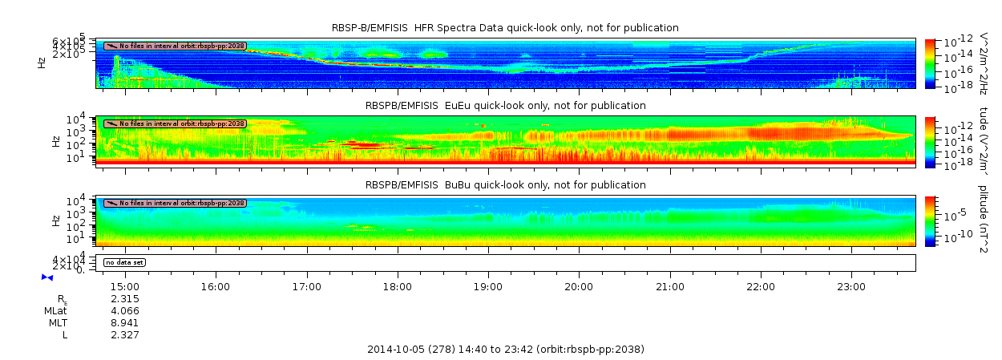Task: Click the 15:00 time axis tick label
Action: click(125, 285)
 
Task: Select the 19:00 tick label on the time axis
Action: click(488, 285)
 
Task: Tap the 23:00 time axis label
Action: click(850, 285)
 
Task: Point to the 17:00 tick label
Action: click(307, 285)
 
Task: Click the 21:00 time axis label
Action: click(669, 285)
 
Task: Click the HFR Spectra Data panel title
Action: click(505, 28)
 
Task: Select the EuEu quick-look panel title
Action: click(505, 105)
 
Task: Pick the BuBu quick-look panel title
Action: click(505, 184)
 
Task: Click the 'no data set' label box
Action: click(126, 262)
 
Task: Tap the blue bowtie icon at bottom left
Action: click(47, 277)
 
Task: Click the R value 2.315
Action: click(125, 298)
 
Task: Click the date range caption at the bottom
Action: click(505, 349)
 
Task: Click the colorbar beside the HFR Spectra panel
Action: click(930, 63)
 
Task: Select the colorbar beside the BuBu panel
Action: click(930, 220)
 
